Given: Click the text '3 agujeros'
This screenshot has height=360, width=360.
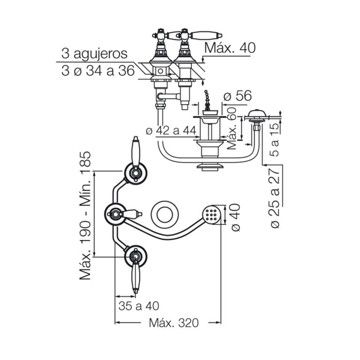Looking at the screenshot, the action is coord(94,54).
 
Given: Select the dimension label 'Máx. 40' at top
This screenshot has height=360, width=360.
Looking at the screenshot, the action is coord(230,48).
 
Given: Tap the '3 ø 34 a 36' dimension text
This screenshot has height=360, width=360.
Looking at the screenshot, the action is coord(98,70).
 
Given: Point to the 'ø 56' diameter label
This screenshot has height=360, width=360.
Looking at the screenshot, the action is coord(238,96).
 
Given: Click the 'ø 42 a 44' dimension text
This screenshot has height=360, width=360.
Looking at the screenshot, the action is coord(171,130).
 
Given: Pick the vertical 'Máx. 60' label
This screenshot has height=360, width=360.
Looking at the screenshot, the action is coord(232,128).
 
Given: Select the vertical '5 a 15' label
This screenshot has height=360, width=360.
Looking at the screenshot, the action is coord(275,139).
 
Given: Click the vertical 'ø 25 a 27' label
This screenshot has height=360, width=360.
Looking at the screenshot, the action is coord(275,198).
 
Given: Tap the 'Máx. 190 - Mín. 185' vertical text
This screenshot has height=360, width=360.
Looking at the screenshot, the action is coord(85,216).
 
